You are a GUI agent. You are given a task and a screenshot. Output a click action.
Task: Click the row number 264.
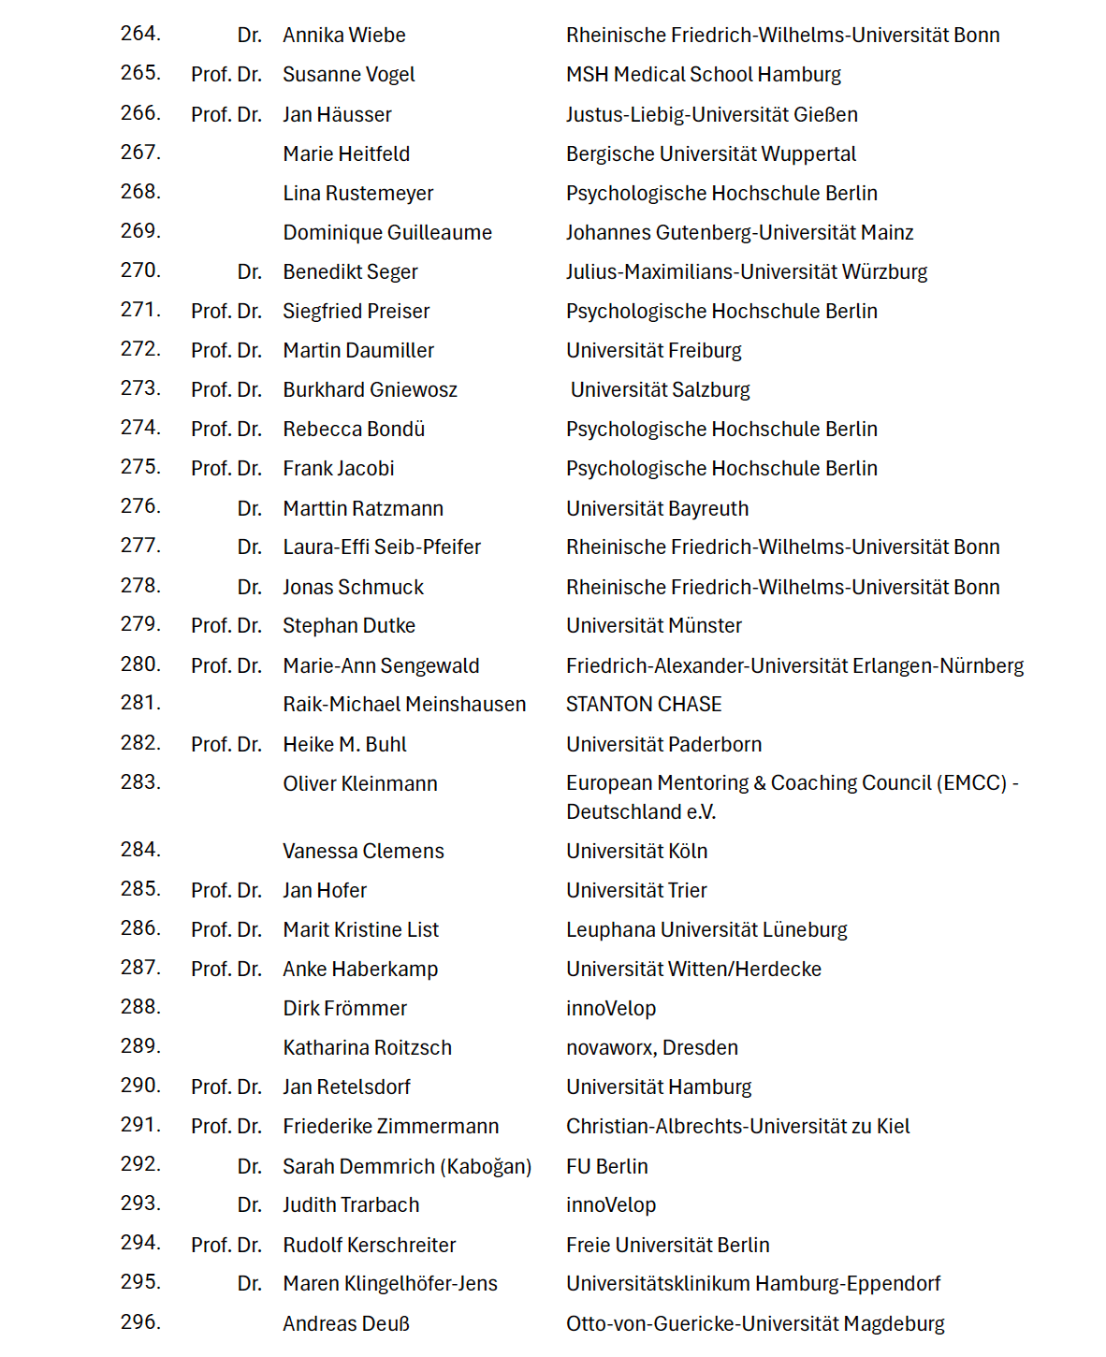click(140, 34)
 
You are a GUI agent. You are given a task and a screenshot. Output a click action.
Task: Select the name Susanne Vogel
click(349, 75)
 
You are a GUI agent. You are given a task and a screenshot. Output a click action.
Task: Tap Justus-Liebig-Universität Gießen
click(711, 114)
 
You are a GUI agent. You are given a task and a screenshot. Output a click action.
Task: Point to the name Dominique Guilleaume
click(387, 232)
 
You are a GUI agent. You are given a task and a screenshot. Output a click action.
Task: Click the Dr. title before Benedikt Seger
click(249, 272)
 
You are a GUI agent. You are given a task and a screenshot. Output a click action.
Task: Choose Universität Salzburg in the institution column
click(661, 390)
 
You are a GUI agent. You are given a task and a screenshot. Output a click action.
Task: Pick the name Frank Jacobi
click(339, 469)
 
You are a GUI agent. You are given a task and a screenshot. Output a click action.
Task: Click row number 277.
click(140, 546)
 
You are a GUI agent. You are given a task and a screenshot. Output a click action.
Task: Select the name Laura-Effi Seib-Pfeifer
click(382, 547)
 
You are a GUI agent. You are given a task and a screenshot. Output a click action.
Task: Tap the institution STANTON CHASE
click(644, 705)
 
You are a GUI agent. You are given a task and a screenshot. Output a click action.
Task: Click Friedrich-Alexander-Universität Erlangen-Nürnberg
click(794, 666)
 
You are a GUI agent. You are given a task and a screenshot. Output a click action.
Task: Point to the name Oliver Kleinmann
click(360, 784)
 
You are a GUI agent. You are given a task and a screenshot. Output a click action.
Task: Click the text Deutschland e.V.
click(641, 812)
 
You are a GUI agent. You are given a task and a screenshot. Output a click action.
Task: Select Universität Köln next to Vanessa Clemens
click(636, 852)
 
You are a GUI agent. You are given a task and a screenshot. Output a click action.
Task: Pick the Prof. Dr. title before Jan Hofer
click(226, 891)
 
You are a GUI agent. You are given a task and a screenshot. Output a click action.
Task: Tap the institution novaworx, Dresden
click(652, 1048)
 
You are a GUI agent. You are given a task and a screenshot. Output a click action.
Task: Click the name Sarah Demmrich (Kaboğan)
click(407, 1167)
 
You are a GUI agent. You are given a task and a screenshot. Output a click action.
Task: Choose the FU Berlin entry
click(606, 1167)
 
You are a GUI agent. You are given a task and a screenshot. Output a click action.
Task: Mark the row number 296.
click(140, 1322)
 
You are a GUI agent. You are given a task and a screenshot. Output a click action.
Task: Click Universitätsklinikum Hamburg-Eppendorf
click(753, 1284)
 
